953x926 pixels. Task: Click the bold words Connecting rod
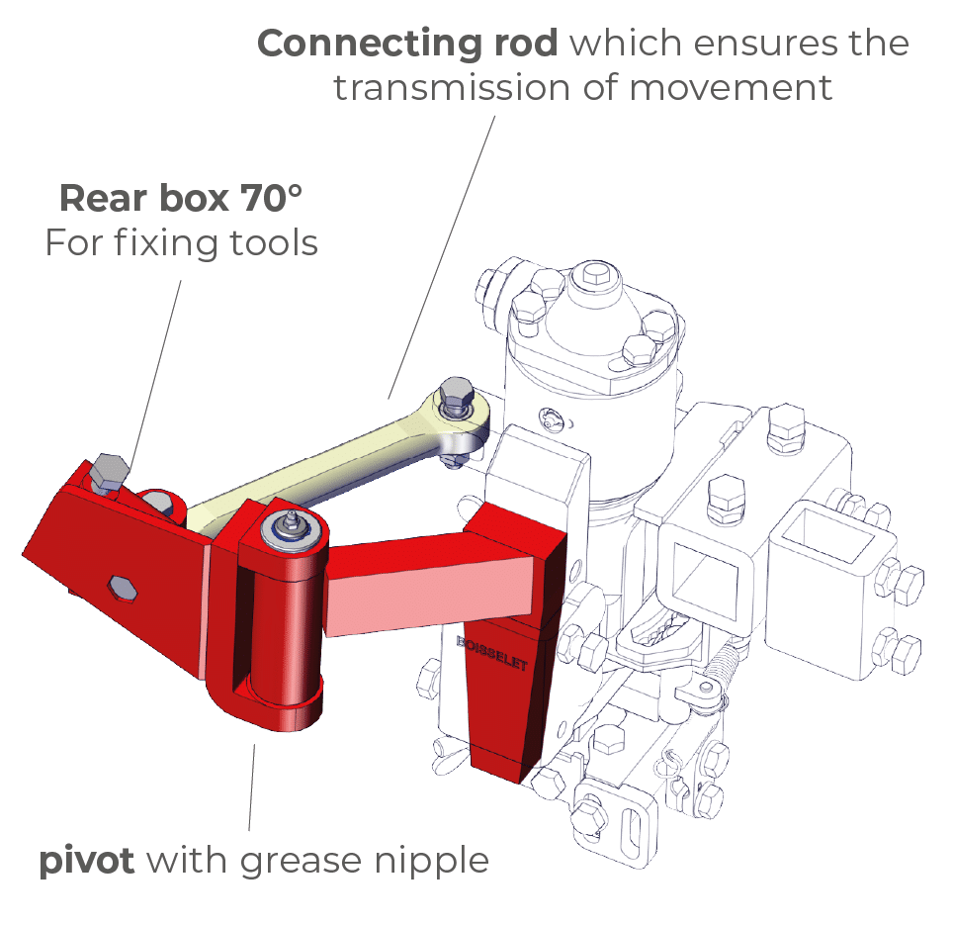[406, 44]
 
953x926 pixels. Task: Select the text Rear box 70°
[180, 199]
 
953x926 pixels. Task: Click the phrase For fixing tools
[181, 242]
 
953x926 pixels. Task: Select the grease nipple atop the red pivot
[292, 520]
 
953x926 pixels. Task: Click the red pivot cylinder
[282, 623]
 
